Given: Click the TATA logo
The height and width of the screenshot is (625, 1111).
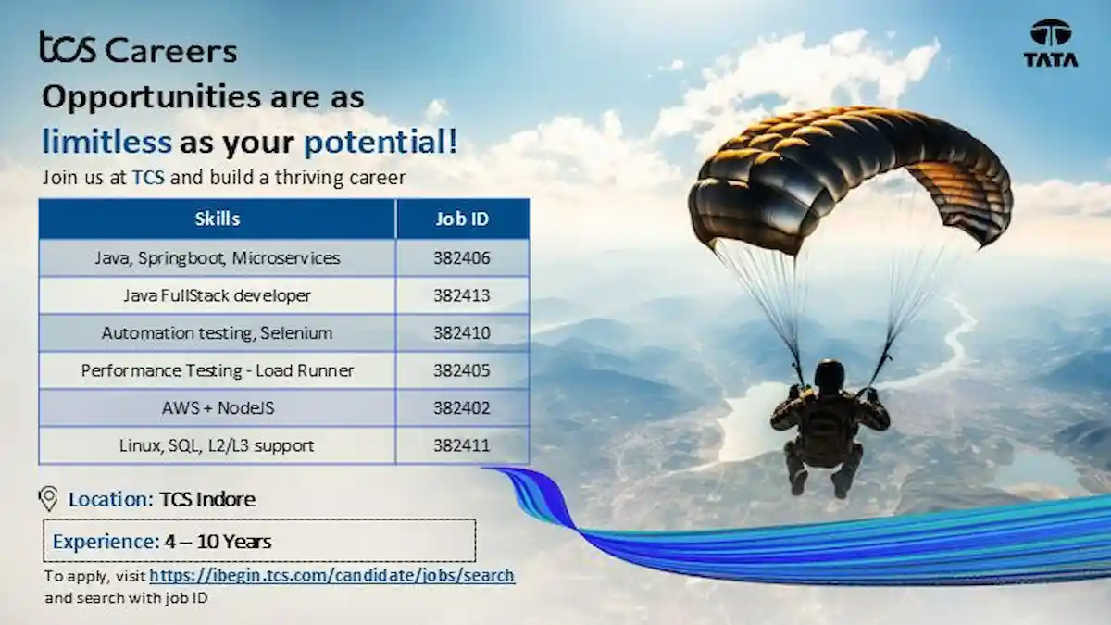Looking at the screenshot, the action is tap(1051, 44).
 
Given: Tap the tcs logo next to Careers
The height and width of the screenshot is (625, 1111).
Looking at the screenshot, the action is tap(68, 46).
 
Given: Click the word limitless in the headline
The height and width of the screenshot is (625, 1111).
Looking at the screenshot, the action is tap(106, 141).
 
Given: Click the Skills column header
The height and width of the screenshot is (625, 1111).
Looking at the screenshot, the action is tap(218, 219).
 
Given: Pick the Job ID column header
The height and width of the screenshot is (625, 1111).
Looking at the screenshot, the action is tap(462, 219).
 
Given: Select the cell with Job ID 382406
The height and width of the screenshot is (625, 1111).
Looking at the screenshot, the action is tap(462, 258).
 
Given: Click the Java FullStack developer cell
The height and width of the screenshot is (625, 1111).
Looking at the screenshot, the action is tap(218, 295).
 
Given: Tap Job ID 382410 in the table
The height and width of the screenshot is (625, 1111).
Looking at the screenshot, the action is tap(462, 332).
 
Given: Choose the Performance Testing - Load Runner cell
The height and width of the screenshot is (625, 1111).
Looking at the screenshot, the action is tap(218, 370).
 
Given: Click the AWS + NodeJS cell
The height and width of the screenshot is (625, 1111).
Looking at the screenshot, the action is tap(218, 407).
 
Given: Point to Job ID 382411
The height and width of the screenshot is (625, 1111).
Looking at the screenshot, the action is tap(462, 445).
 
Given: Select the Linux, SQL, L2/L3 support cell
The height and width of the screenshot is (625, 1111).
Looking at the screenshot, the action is tap(218, 445).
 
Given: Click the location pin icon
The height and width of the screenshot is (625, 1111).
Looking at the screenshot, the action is tap(48, 498).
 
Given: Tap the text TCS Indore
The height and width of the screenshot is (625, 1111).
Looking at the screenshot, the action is tap(207, 499).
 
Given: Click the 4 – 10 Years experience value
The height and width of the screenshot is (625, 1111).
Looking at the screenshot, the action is tap(218, 541).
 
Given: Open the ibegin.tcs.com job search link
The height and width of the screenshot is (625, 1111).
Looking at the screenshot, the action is tap(331, 575).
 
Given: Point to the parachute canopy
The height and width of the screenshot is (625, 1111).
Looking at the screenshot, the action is tap(850, 179).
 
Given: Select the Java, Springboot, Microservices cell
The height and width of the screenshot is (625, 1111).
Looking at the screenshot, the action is tap(218, 258).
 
